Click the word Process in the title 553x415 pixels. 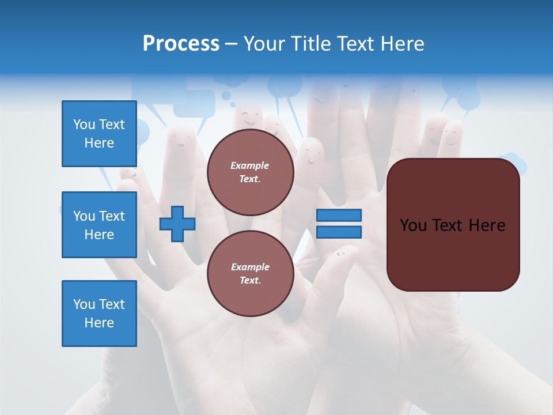click(x=181, y=44)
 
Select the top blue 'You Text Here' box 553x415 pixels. click(x=99, y=134)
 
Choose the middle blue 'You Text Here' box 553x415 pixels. click(x=99, y=225)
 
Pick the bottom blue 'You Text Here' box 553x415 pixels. click(x=99, y=314)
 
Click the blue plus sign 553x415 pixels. click(x=177, y=224)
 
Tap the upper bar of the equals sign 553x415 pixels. click(x=339, y=216)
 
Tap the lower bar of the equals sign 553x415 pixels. click(x=339, y=232)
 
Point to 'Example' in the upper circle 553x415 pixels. click(x=249, y=165)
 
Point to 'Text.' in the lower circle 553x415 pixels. click(x=249, y=281)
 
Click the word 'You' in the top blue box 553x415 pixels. click(x=84, y=124)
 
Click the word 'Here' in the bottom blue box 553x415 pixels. click(x=99, y=323)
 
